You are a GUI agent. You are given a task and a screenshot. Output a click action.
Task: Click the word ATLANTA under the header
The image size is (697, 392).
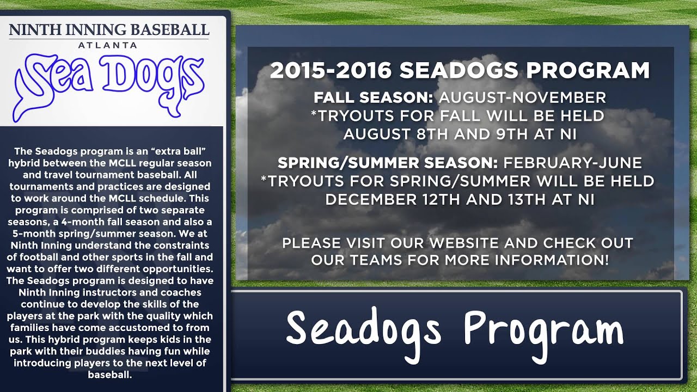[107, 45]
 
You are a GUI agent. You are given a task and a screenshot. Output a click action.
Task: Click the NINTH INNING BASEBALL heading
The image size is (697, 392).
[109, 30]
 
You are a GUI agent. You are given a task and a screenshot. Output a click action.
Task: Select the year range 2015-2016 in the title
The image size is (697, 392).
[330, 71]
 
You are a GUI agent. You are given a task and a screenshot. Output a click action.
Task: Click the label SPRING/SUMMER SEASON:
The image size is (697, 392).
[388, 163]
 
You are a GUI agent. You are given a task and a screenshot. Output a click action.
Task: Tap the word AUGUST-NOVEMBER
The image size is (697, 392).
[522, 98]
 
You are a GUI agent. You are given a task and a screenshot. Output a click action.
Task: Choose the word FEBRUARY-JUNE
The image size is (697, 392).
[573, 163]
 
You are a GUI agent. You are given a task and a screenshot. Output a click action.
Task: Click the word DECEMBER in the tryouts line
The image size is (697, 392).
[371, 200]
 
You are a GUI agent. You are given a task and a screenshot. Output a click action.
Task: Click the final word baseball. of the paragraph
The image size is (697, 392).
[109, 375]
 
